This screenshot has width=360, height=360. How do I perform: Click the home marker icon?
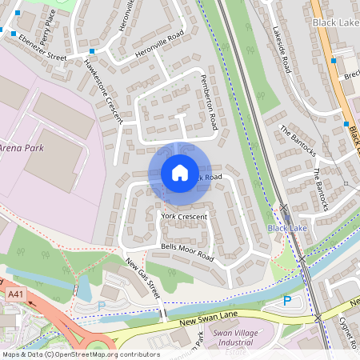point(180,172)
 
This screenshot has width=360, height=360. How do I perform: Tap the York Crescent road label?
point(184,217)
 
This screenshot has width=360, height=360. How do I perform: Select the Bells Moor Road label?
point(187,253)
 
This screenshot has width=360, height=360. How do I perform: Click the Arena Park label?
point(22,148)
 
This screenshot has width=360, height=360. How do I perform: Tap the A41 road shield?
point(15,295)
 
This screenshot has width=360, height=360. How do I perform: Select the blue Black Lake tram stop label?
point(287,228)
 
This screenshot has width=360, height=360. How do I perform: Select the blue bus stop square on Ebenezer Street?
point(91,52)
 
